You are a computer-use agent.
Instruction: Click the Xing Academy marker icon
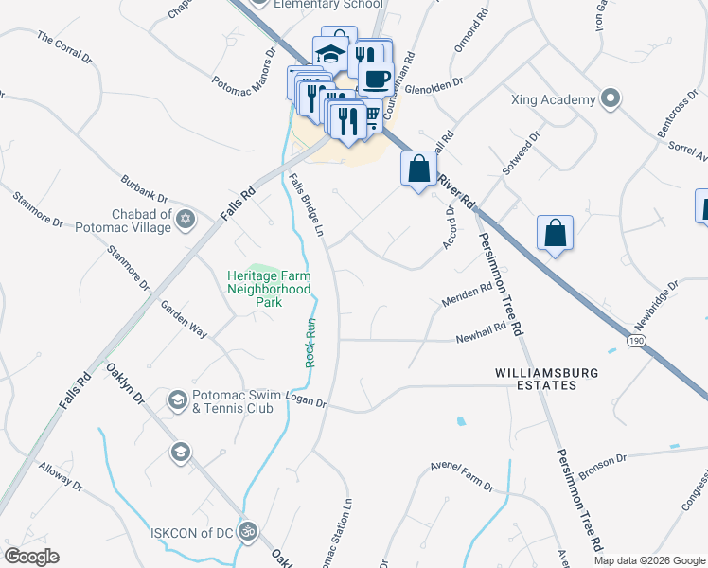click(611, 98)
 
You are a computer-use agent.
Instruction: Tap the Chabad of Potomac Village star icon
click(186, 220)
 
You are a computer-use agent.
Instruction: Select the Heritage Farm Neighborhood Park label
click(269, 289)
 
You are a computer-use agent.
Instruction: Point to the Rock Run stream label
click(310, 343)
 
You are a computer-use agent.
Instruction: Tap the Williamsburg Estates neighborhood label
click(547, 379)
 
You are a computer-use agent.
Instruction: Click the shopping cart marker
click(371, 115)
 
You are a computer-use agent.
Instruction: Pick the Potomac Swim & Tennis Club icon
click(177, 401)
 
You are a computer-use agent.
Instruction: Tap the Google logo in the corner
click(31, 557)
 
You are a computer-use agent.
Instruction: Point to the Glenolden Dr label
click(437, 82)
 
